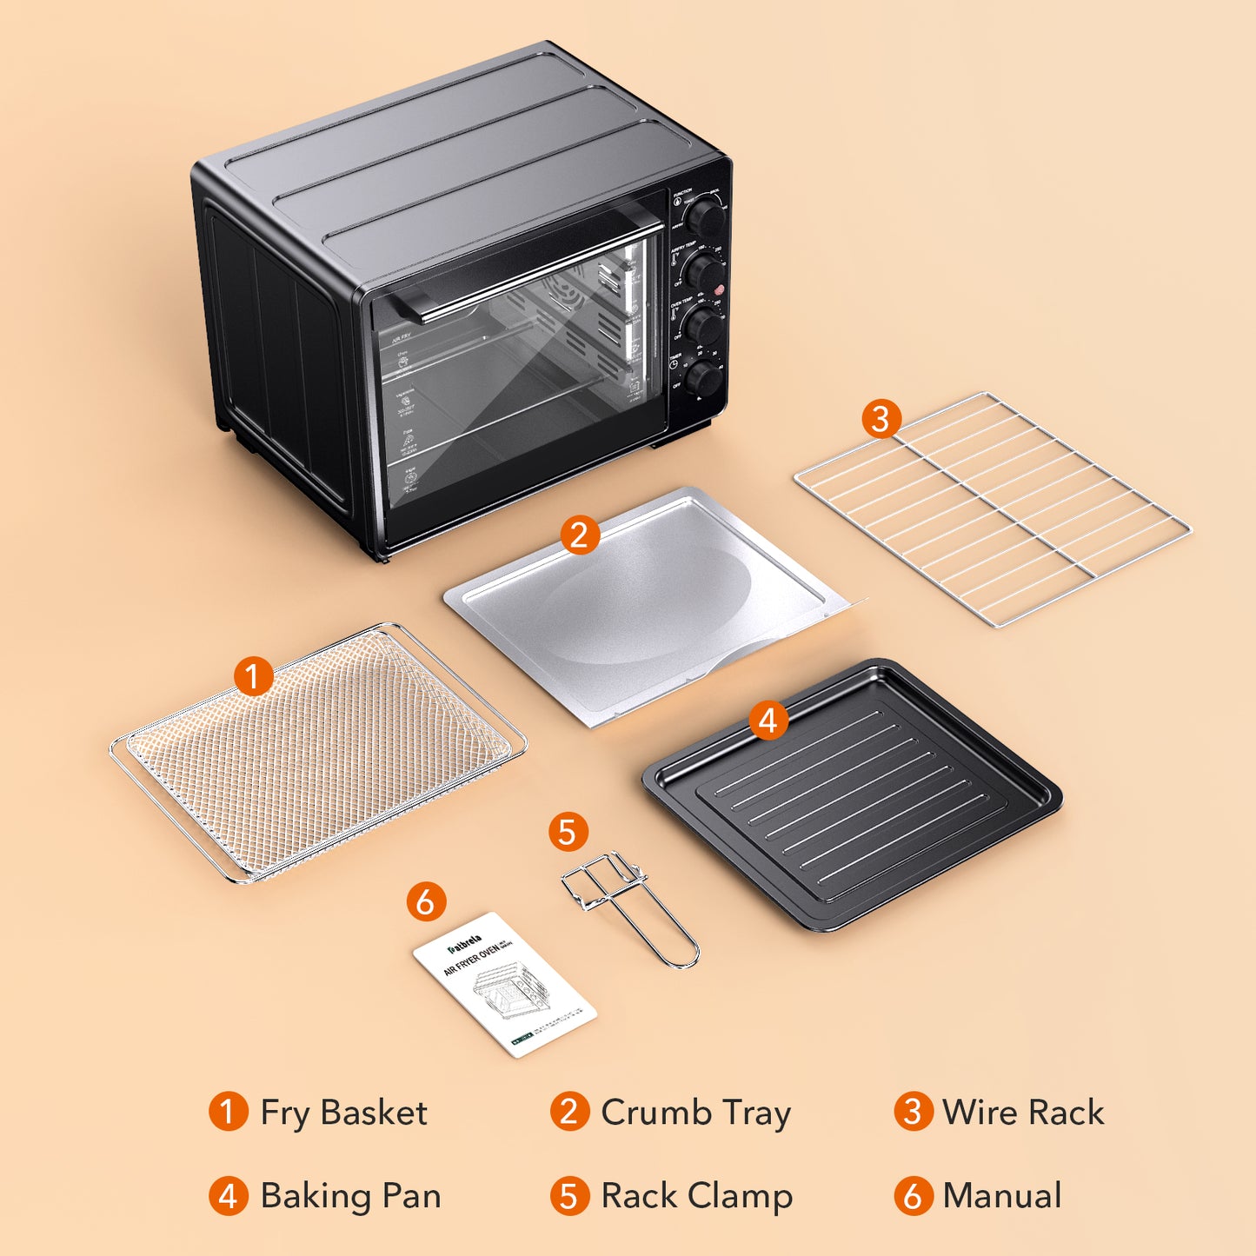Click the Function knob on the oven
point(706,218)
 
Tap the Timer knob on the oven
point(702,380)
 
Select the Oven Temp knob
point(703,327)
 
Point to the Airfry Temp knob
point(704,272)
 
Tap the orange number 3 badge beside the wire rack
point(881,419)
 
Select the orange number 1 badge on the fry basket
point(253,676)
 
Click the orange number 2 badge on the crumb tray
point(580,535)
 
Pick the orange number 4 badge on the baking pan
point(768,721)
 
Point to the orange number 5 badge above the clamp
point(568,832)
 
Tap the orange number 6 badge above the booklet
point(426,902)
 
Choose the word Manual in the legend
point(1002,1196)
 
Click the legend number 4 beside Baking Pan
point(228,1196)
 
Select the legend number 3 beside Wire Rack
point(913,1112)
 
